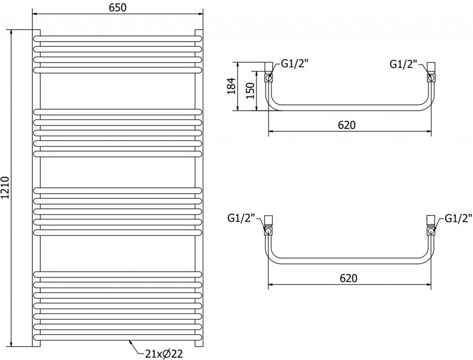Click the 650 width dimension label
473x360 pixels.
pyautogui.click(x=117, y=7)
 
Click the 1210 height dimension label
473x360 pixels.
pyautogui.click(x=6, y=189)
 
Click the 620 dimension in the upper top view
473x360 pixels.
pyautogui.click(x=349, y=125)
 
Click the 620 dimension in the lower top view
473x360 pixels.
pyautogui.click(x=349, y=278)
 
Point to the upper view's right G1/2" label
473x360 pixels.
pyautogui.click(x=403, y=64)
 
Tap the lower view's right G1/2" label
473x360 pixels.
pyautogui.click(x=458, y=218)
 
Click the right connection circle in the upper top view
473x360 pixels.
pyautogui.click(x=431, y=78)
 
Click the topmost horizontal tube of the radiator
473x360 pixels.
pyautogui.click(x=117, y=37)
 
